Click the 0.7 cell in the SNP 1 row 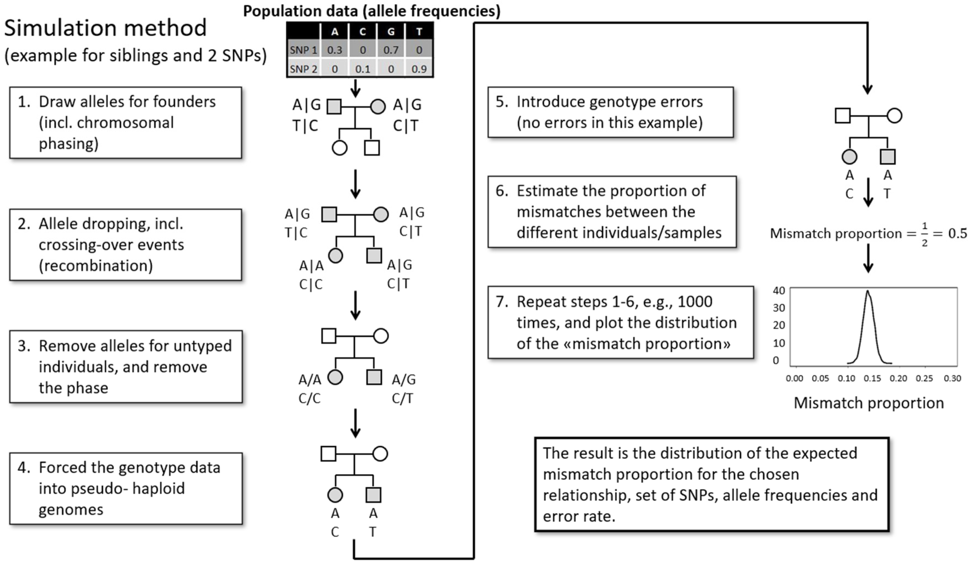391,50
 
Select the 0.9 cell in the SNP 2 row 419,69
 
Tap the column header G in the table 391,32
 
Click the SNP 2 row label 303,69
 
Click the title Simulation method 105,28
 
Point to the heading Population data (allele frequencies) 372,11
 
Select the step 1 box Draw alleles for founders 126,122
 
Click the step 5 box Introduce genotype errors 610,112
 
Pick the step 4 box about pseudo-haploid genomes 126,488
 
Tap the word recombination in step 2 96,266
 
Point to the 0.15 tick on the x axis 872,378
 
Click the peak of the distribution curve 868,291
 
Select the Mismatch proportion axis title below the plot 869,403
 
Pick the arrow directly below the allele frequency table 355,88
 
